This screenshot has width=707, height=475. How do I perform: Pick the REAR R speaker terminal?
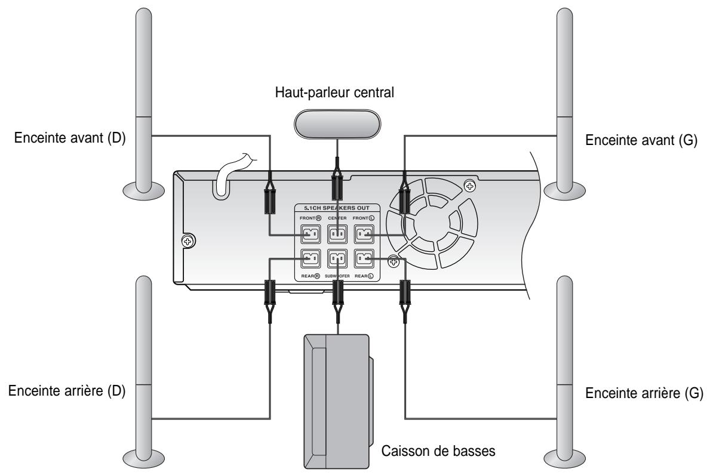pos(309,259)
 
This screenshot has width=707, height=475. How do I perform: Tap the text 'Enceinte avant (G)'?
pos(642,141)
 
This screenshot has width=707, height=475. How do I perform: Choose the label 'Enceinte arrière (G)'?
pos(645,394)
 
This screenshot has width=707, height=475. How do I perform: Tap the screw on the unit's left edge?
pos(188,242)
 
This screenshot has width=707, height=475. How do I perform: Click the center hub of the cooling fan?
pos(432,224)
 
